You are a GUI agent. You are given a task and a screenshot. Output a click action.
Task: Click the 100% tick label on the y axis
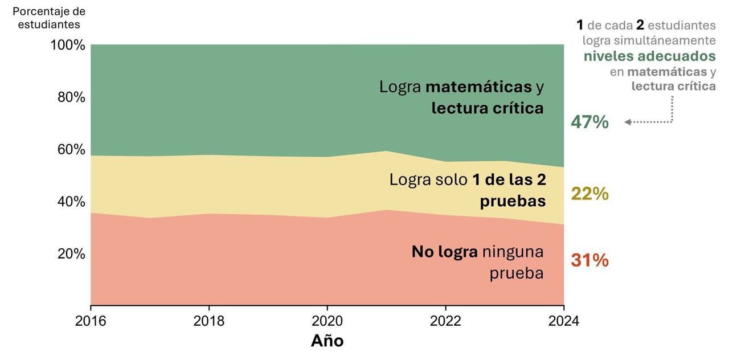(68, 45)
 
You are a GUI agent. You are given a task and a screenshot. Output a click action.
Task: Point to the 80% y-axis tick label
(71, 97)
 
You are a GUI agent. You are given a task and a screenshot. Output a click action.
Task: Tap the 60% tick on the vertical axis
(71, 149)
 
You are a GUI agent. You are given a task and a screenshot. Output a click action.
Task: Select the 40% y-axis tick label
(71, 202)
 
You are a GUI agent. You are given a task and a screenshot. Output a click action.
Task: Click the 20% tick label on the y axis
(71, 254)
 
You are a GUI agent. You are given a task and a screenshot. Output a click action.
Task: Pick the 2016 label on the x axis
(91, 321)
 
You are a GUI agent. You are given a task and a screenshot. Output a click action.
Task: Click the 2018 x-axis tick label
(209, 321)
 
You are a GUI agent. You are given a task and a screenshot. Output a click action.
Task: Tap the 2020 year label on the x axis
(327, 321)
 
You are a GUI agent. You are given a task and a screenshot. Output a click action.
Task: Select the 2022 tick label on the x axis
(445, 321)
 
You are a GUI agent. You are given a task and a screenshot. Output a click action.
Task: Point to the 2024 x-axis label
(563, 321)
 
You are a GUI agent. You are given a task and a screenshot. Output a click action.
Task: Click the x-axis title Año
(327, 341)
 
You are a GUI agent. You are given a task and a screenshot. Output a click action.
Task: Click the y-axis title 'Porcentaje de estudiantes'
(49, 18)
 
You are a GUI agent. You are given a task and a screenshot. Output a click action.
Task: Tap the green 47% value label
(589, 122)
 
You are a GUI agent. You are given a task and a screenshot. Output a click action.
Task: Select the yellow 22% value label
(589, 194)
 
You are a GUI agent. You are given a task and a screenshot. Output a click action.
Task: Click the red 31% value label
(589, 260)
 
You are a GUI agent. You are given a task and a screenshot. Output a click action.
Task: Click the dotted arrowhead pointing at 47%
(628, 122)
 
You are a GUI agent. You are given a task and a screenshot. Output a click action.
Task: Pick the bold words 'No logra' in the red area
(444, 252)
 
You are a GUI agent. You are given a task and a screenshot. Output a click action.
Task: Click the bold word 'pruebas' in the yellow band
(513, 201)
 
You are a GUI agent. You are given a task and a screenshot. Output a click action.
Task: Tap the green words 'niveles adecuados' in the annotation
(649, 56)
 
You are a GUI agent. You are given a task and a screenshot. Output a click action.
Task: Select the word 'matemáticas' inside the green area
(478, 87)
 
